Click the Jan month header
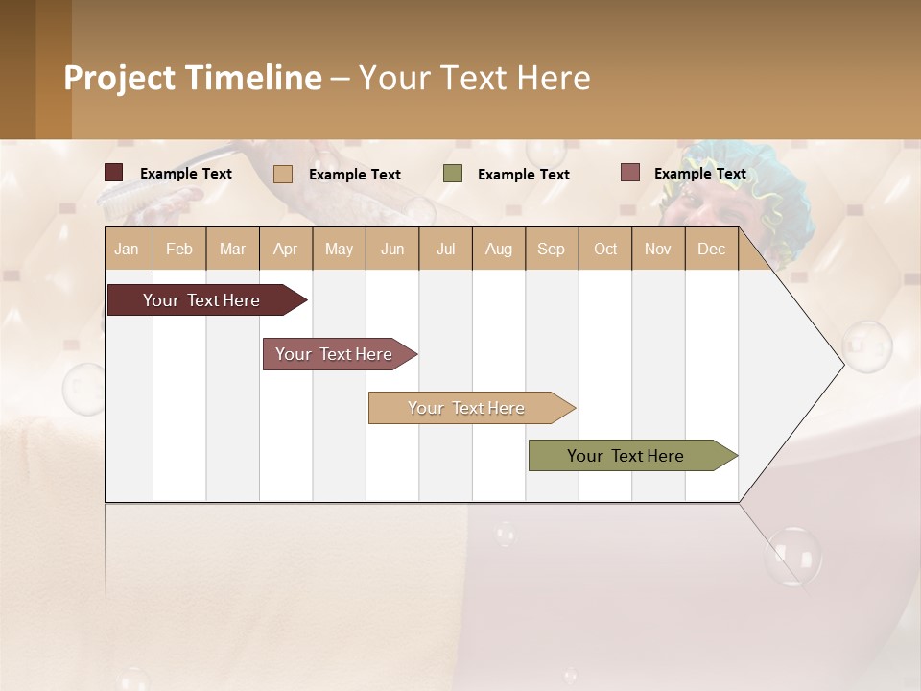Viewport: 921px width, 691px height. point(128,249)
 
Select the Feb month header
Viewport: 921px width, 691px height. point(179,249)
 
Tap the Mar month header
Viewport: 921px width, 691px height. point(232,249)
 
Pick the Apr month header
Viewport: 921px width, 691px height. point(286,249)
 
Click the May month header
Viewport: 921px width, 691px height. point(339,249)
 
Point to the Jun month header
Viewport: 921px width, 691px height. point(392,249)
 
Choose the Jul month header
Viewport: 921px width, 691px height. point(445,249)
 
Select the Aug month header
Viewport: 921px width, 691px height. point(499,249)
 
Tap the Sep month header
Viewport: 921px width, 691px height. point(552,249)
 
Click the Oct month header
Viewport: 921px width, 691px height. point(605,249)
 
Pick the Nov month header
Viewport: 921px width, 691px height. point(658,249)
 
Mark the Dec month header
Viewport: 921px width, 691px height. point(712,249)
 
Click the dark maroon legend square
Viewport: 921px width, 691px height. point(114,173)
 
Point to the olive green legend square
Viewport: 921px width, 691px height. point(453,174)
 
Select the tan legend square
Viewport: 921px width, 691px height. point(283,174)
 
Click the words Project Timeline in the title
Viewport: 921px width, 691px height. point(193,78)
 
